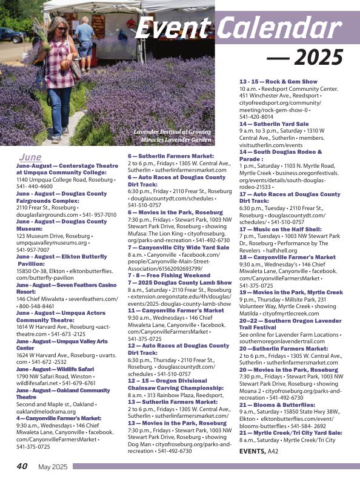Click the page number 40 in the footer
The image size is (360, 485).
[22, 466]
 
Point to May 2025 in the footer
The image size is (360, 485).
[53, 466]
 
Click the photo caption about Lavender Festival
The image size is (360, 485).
[172, 136]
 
